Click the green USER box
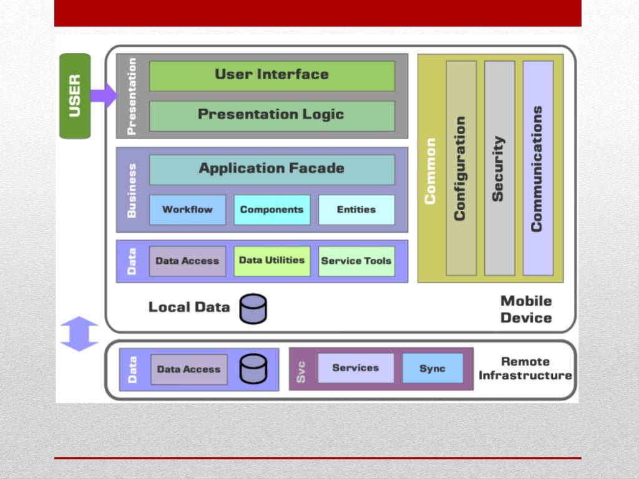tap(75, 95)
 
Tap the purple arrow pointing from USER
tap(103, 95)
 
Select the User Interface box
tap(271, 75)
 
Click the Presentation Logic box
tap(271, 115)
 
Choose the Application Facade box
tap(271, 169)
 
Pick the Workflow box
tap(187, 210)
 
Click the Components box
tap(271, 210)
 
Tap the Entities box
tap(356, 210)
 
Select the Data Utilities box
tap(271, 261)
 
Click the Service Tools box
tap(356, 261)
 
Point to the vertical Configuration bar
tap(461, 168)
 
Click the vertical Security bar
tap(499, 168)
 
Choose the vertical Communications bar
tap(537, 168)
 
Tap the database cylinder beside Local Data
tap(253, 309)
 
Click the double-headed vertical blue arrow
tap(79, 334)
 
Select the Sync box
tap(432, 368)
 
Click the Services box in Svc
tap(356, 368)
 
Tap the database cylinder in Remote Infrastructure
tap(253, 369)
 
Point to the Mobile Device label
tap(526, 309)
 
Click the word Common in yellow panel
tap(430, 171)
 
